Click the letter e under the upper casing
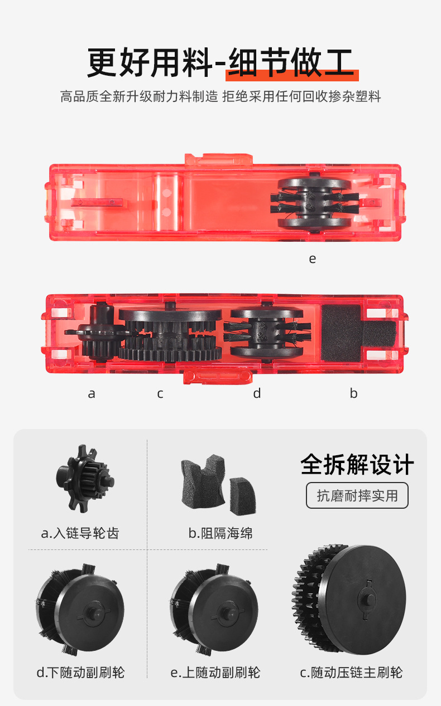[x=312, y=259]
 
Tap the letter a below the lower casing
[x=92, y=393]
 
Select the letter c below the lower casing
[x=160, y=393]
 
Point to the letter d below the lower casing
[x=257, y=393]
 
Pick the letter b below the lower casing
[x=353, y=393]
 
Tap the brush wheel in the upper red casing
[x=314, y=203]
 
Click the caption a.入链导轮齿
[x=80, y=533]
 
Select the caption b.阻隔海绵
[x=220, y=533]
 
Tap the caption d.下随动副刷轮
[x=81, y=672]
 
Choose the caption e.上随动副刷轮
[x=215, y=672]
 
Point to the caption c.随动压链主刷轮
[x=351, y=672]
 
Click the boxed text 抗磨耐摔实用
[x=357, y=496]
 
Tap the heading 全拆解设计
[x=357, y=464]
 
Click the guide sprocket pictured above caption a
[x=85, y=479]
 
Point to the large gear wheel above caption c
[x=349, y=599]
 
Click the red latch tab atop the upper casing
[x=218, y=159]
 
